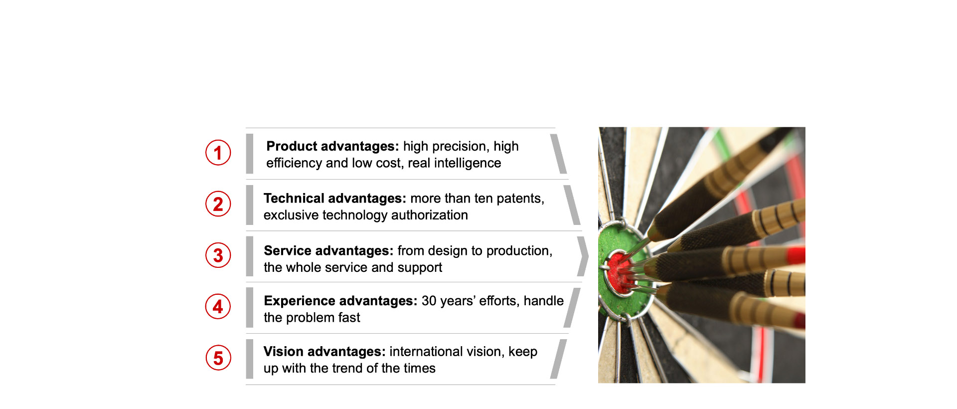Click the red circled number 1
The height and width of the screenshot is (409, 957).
tap(218, 153)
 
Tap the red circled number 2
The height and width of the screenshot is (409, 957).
tap(218, 204)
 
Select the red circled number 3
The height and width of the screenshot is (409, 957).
tap(218, 255)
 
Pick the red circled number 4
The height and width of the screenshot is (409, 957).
tap(218, 306)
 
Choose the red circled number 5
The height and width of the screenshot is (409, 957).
tap(218, 358)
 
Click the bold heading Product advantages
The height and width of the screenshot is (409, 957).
tap(332, 146)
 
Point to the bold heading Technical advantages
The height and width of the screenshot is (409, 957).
tap(335, 199)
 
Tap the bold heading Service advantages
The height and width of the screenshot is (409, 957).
tap(328, 251)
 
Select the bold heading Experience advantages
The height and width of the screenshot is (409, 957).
tap(340, 301)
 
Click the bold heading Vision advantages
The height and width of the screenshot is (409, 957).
tap(324, 352)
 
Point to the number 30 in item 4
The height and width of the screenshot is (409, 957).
tap(429, 301)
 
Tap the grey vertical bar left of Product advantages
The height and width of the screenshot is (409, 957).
tap(250, 154)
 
